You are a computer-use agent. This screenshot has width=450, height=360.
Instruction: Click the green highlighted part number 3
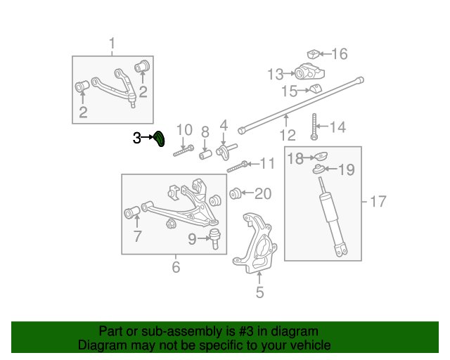[160, 139]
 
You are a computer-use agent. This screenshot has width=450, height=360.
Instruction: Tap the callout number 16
[340, 53]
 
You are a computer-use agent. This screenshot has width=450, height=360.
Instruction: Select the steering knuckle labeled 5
[255, 243]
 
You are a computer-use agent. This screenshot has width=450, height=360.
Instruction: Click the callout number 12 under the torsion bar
[288, 135]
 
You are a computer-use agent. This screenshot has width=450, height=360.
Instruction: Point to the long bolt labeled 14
[314, 127]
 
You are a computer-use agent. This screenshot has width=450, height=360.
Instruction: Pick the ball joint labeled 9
[215, 238]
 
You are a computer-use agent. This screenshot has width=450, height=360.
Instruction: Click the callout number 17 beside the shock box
[378, 201]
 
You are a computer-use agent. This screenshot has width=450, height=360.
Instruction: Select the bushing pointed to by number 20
[235, 193]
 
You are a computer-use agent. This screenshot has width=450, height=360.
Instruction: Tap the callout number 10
[184, 130]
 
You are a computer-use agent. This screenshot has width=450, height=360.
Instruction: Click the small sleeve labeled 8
[205, 155]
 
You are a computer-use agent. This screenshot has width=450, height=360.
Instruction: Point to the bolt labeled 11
[238, 167]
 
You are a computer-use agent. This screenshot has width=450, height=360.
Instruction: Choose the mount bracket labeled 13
[309, 72]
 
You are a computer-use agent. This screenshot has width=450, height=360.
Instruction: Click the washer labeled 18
[321, 157]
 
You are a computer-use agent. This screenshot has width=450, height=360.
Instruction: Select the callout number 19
[347, 169]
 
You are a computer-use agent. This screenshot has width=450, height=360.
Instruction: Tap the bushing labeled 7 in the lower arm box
[132, 212]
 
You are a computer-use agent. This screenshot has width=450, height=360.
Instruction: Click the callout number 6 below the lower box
[176, 266]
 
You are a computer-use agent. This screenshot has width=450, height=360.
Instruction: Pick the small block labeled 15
[316, 89]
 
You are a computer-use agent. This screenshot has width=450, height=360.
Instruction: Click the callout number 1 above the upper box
[112, 44]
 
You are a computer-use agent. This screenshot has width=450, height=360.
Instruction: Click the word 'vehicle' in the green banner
[312, 345]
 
